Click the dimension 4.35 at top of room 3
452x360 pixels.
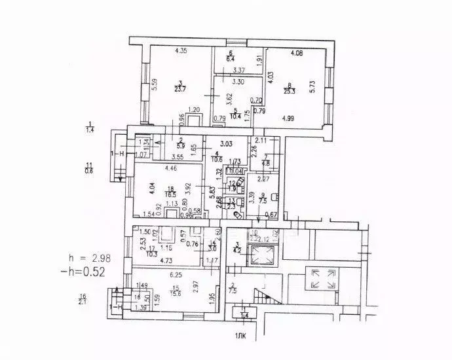point(181,51)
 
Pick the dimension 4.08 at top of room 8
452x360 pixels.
point(297,53)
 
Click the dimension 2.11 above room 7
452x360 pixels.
point(261,140)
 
